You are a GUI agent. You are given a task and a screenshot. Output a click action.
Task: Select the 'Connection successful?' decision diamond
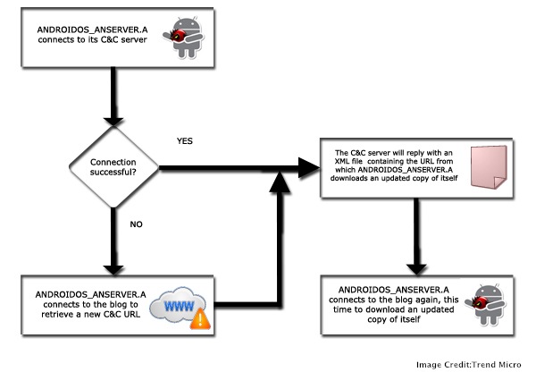[x=114, y=166]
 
